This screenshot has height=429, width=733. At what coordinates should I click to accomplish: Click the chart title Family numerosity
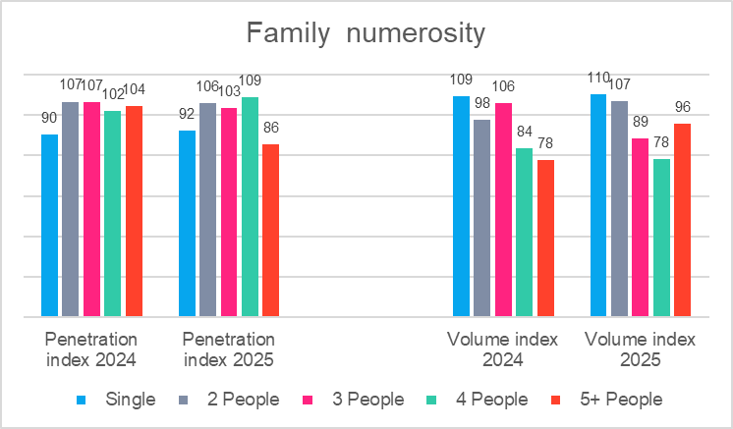[x=366, y=34]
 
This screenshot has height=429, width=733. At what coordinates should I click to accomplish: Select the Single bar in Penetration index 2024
[x=49, y=226]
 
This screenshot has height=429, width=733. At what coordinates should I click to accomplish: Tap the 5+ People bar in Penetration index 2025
[x=270, y=231]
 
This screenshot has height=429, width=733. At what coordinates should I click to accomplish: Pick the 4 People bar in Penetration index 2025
[x=250, y=207]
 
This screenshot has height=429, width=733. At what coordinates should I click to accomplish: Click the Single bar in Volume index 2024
[x=461, y=206]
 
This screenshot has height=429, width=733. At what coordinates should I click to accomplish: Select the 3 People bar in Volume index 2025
[x=640, y=228]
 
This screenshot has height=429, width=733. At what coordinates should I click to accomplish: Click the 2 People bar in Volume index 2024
[x=481, y=218]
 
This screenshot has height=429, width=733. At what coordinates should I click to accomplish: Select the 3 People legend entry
[x=367, y=400]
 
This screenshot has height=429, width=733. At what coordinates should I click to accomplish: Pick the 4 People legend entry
[x=491, y=400]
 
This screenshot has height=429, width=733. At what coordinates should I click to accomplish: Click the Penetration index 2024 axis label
[x=90, y=349]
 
